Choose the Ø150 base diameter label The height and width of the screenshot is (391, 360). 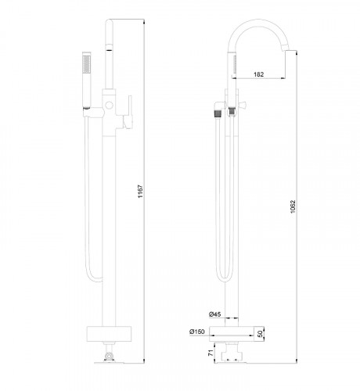196,332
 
